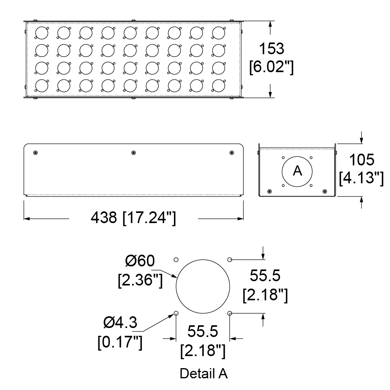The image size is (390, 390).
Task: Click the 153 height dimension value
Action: [271, 49]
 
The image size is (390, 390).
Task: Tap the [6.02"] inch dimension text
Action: [271, 67]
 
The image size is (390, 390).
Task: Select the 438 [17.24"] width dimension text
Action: [133, 218]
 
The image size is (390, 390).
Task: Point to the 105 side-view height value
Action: [362, 160]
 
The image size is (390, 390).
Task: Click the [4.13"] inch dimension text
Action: [362, 178]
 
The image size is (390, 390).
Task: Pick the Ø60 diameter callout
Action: [140, 261]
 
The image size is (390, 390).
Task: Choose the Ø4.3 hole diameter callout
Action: [120, 323]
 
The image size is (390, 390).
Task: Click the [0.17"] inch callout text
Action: [120, 342]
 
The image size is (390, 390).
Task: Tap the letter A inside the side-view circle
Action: [297, 171]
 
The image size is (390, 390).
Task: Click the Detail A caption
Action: [204, 374]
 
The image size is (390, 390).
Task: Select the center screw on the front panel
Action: [133, 152]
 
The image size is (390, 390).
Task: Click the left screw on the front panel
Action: [35, 152]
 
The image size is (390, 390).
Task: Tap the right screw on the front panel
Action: [232, 152]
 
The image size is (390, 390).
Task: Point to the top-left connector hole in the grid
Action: [42, 33]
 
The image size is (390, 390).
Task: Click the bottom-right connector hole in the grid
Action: [218, 86]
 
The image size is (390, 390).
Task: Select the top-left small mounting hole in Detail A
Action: [176, 260]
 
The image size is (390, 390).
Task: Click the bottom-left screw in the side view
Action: [269, 191]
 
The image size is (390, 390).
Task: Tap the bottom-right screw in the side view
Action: [324, 191]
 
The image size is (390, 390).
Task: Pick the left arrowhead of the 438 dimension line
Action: [27, 219]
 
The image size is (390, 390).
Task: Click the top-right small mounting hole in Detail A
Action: [230, 260]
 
